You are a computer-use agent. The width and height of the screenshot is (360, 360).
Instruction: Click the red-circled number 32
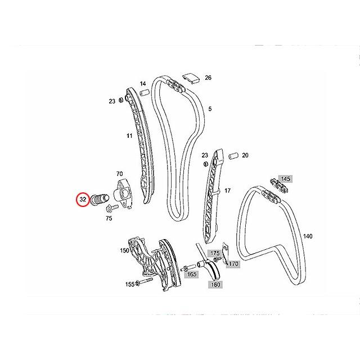(83, 199)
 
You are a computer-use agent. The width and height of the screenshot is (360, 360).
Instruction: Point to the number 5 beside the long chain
(210, 109)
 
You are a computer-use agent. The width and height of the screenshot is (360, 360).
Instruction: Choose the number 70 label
(119, 174)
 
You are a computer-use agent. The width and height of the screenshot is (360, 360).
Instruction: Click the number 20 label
(245, 155)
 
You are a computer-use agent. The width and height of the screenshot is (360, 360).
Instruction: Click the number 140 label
(308, 236)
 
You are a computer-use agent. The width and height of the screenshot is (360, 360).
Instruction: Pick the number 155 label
(130, 285)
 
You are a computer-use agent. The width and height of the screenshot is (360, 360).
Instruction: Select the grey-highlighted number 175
(214, 254)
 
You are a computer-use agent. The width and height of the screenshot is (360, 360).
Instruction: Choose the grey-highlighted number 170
(233, 263)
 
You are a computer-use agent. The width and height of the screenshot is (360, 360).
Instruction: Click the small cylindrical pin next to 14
(144, 92)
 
